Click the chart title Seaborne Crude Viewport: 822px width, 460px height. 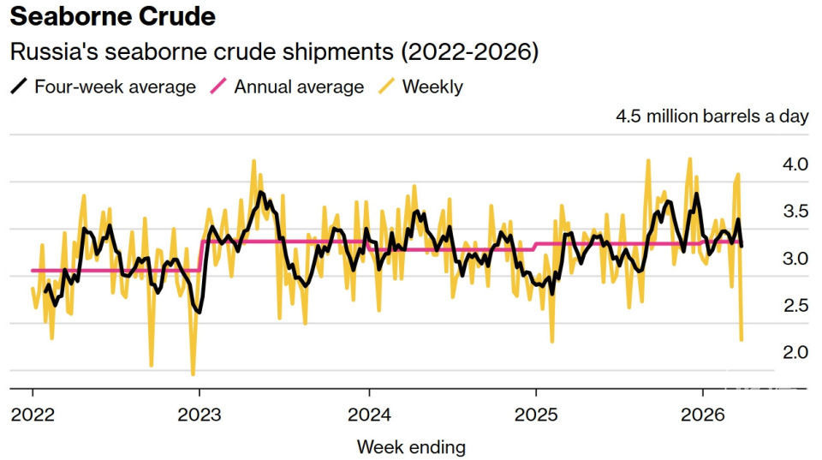112,16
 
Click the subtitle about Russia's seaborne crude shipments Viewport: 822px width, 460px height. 273,51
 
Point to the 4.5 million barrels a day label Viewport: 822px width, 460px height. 712,116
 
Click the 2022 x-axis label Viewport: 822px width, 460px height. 33,415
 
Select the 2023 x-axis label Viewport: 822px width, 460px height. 200,415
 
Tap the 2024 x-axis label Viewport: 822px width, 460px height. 368,415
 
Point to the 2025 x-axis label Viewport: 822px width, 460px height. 535,415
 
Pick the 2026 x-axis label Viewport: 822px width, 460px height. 702,415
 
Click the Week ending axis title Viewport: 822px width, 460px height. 411,446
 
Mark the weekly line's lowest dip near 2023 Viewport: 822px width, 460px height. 193,373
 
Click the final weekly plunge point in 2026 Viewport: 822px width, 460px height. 741,340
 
